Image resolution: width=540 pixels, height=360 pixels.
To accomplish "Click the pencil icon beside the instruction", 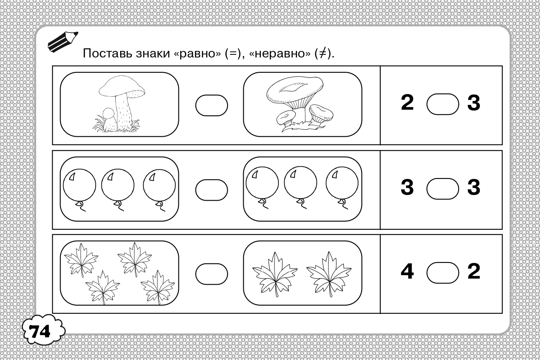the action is click(x=63, y=41).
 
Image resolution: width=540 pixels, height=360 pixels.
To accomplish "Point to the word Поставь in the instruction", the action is click(x=107, y=53).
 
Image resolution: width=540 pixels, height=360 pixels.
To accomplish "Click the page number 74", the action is click(x=40, y=332).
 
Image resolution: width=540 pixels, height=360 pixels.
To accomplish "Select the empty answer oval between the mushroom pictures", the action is click(x=211, y=105).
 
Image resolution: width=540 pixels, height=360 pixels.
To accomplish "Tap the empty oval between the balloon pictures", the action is click(x=211, y=190).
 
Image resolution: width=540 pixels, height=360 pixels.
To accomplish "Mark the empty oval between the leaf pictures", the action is click(x=211, y=274).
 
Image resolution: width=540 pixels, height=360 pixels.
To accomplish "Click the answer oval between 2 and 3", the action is click(x=443, y=104).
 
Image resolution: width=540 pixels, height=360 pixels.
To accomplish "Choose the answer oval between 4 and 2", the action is click(x=443, y=273).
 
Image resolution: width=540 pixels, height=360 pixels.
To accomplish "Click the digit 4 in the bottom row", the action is click(x=407, y=271).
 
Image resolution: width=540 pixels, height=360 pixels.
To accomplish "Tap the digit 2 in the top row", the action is click(x=407, y=102).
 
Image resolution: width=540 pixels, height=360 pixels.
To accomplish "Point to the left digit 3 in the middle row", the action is click(x=407, y=187).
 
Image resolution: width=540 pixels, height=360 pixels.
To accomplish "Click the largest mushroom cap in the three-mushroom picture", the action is click(x=295, y=90).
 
